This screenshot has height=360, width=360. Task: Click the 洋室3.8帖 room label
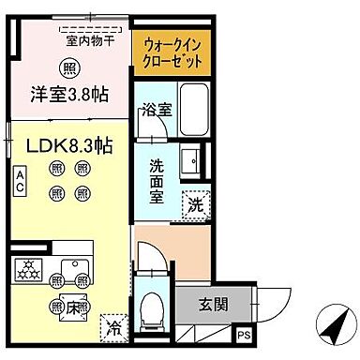pyautogui.click(x=67, y=94)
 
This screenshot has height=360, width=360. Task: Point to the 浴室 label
pyautogui.click(x=156, y=110)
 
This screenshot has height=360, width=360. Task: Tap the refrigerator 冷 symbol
pyautogui.click(x=112, y=329)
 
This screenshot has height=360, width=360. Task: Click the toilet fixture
pyautogui.click(x=151, y=307)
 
